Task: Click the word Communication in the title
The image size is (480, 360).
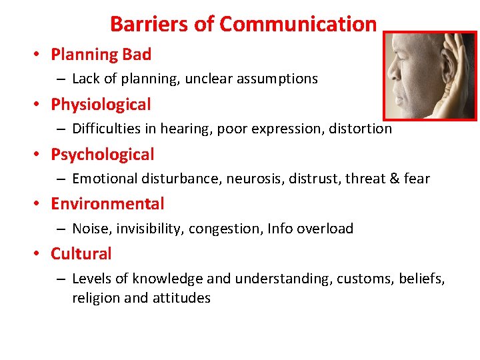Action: coord(298,25)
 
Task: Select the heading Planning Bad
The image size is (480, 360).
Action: coord(101,54)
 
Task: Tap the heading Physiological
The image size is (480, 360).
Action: coord(101,105)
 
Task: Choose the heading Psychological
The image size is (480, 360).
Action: coord(102,155)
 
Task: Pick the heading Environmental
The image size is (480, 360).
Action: coord(107,204)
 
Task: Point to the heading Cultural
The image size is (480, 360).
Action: coord(81,254)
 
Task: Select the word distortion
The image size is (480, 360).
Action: coord(361,129)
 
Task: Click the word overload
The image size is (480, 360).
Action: coord(325,229)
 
